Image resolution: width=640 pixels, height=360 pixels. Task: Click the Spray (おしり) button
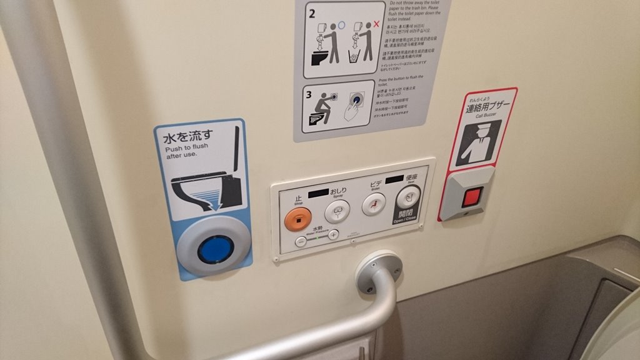[337, 211]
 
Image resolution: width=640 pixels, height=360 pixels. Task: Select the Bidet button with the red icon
[374, 204]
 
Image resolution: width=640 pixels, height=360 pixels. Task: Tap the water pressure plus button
[333, 234]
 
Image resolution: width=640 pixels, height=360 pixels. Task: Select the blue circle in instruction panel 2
[342, 25]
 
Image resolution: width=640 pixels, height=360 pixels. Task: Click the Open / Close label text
[406, 217]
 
